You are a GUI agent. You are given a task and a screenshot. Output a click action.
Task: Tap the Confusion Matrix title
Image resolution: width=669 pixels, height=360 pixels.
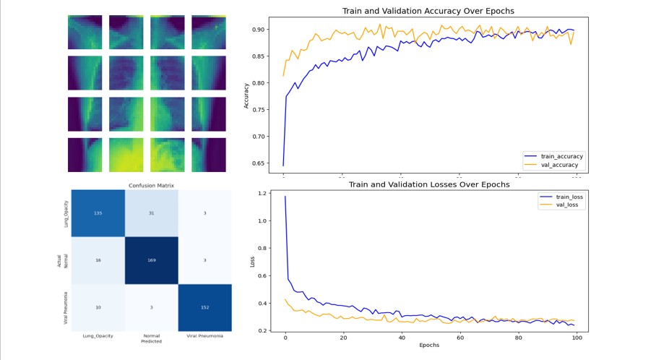[149, 186]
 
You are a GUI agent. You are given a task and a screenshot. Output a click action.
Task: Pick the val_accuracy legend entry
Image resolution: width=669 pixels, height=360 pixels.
[553, 166]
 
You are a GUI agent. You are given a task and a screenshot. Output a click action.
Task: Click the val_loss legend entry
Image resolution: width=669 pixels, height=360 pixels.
[560, 205]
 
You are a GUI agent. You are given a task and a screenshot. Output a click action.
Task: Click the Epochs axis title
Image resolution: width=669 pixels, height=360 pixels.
[429, 346]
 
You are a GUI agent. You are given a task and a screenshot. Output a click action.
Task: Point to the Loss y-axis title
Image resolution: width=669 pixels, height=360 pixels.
[252, 261]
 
